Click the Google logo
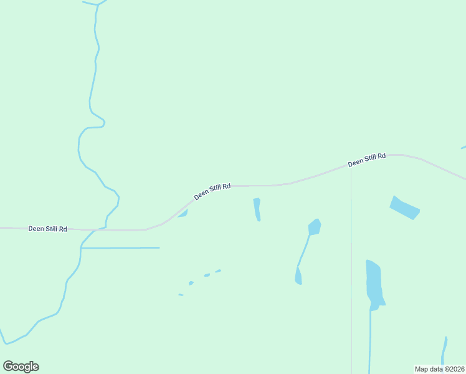pos(21,367)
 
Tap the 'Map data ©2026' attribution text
pos(439,369)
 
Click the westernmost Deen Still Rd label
pos(47,229)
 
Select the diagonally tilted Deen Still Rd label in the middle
pos(212,191)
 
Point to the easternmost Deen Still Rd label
pos(367,160)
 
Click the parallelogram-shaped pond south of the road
pos(404,208)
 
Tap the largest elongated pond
pos(374,284)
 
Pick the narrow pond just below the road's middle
pos(257,209)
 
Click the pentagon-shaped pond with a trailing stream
pos(315,227)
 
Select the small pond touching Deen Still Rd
pos(184,213)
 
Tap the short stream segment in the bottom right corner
pos(444,350)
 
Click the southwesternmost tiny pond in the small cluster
pos(181,295)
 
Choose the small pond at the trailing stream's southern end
pos(298,277)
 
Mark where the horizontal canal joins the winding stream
pos(81,248)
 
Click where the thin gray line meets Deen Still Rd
pos(351,167)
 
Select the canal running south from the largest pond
pos(370,340)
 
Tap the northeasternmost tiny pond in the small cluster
pos(218,271)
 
